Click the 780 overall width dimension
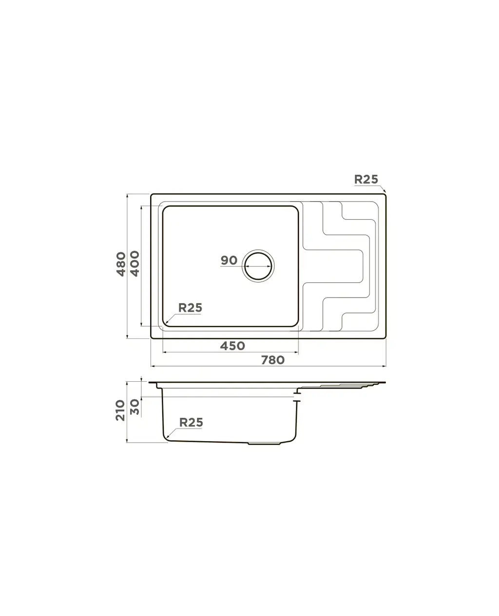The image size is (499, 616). (x=273, y=360)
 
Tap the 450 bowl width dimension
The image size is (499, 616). (x=232, y=346)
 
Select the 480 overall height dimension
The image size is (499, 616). (x=121, y=264)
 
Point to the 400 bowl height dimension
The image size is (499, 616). (x=134, y=263)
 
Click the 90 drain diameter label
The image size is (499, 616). (x=229, y=261)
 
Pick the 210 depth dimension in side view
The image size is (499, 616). (x=120, y=410)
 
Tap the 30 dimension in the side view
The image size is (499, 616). (x=134, y=407)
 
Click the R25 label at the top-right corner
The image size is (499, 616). (x=366, y=180)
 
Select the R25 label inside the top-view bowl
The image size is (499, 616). (x=190, y=308)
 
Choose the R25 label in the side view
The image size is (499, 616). (x=191, y=423)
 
